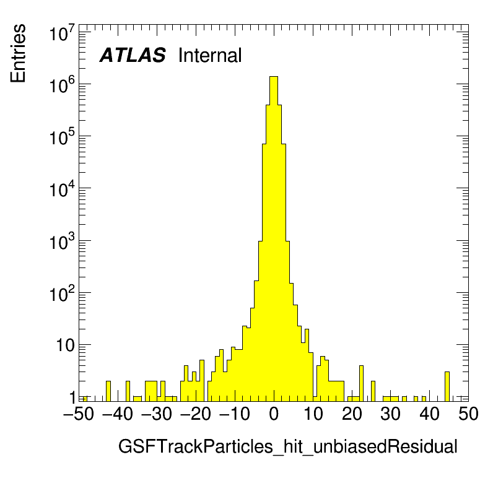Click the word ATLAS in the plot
click(133, 56)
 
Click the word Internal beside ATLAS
click(209, 56)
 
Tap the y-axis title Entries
click(18, 53)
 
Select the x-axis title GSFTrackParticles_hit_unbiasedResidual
click(287, 446)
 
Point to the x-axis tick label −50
click(79, 415)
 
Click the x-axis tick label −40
click(118, 415)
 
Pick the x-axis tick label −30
click(157, 415)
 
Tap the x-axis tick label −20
click(196, 415)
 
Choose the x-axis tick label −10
click(235, 415)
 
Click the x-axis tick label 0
click(274, 415)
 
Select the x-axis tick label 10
click(313, 415)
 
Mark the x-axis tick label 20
click(352, 415)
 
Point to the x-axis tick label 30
click(391, 415)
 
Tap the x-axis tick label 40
click(430, 415)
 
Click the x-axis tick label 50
click(468, 415)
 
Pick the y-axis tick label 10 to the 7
click(62, 33)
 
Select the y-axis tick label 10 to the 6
click(62, 85)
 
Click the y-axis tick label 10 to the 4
click(62, 189)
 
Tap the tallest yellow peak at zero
click(274, 186)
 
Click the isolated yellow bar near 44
click(447, 386)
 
